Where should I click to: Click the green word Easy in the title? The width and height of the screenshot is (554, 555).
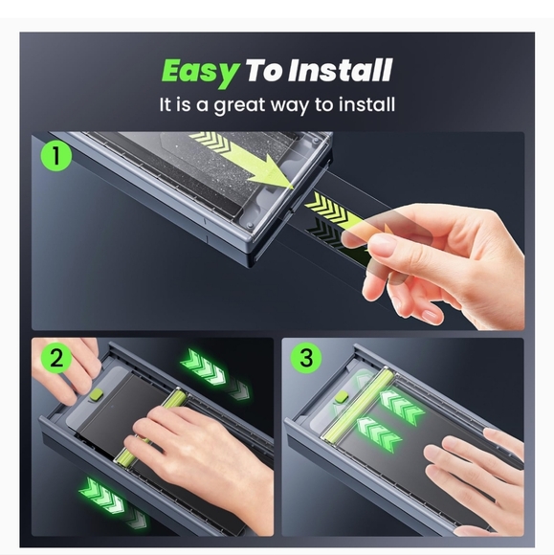(x=198, y=71)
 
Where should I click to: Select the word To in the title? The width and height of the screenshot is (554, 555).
(x=262, y=71)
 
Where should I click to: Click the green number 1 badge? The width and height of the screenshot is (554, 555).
(x=57, y=156)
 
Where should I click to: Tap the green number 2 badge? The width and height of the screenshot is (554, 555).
(x=56, y=360)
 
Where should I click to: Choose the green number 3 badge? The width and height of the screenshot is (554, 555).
(x=306, y=359)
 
